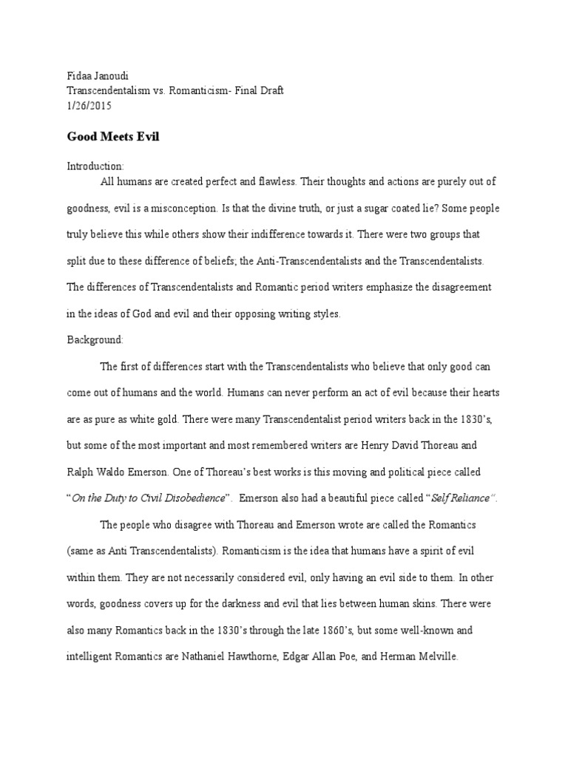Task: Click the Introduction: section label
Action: tap(95, 166)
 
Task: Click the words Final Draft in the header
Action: tap(257, 90)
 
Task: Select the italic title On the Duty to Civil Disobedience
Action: tap(148, 498)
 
